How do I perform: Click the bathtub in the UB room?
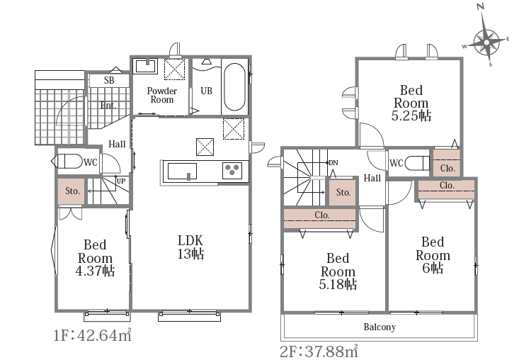coord(234,87)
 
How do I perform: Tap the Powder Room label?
coord(162,96)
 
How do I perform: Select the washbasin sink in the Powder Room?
coord(146,66)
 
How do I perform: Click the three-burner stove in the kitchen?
coord(232,171)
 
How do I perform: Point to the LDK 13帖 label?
coord(190,247)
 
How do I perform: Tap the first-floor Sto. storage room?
coord(72,191)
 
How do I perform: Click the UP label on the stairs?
coord(121,181)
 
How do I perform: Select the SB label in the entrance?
coord(109,81)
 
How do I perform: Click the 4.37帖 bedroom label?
coord(95,258)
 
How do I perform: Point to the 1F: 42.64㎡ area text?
coord(93,334)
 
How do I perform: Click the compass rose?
coord(486,43)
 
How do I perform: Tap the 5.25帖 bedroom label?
coord(411,103)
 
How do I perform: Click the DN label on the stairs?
coord(333,162)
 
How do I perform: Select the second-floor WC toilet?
coord(418,163)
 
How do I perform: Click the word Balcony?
coord(380,327)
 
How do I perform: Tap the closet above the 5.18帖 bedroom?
coord(320,218)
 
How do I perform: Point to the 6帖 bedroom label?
coord(433,255)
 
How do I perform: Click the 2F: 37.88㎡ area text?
coord(319,351)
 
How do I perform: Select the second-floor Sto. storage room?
coord(343,193)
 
